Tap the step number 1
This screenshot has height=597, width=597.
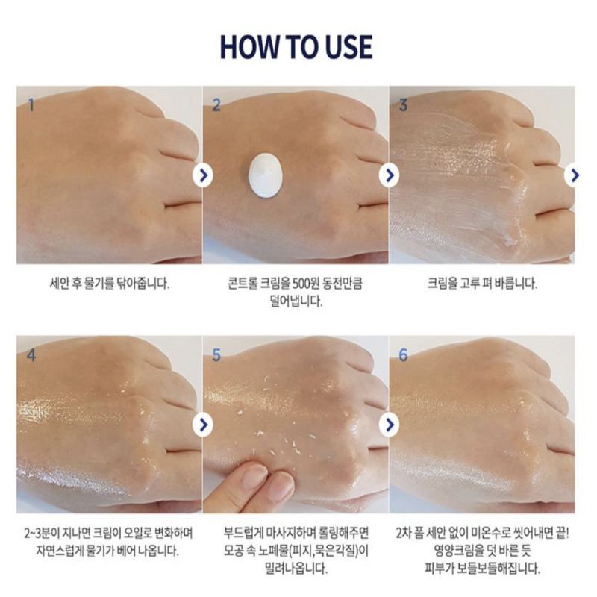pos(31,104)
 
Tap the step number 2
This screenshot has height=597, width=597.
pos(216,105)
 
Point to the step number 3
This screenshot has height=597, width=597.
pos(403,105)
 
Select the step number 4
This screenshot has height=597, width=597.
pos(31,355)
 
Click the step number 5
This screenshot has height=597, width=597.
pos(216,355)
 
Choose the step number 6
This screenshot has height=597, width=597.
pos(403,355)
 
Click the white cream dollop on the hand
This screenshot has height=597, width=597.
pos(266,175)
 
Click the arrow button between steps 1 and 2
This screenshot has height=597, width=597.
pos(203,175)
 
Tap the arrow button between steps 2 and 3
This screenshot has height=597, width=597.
pos(389,175)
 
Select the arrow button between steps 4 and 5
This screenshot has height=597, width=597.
pos(203,425)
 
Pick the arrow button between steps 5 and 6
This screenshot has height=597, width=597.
pos(389,425)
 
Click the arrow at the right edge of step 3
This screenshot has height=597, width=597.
pos(572,175)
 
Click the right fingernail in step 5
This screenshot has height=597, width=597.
pos(281,487)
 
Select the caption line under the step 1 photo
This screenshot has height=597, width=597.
pos(109,284)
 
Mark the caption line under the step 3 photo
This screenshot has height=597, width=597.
pos(482,284)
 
